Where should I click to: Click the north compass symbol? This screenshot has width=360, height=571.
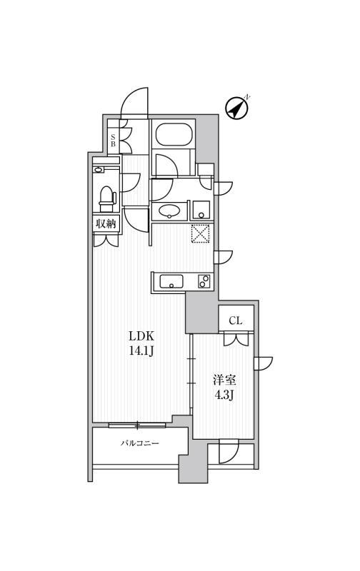pos(237,107)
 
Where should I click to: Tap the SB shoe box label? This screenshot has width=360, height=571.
pos(113,140)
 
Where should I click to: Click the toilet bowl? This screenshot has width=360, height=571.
pos(107,196)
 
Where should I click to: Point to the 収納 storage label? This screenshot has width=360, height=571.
pos(106,224)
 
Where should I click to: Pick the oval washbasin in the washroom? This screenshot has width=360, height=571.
pos(170,211)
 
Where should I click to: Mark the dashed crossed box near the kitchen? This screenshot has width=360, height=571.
pos(201,234)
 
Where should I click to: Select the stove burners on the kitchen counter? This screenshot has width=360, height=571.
pos(204,282)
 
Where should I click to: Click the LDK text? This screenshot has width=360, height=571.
pos(141,335)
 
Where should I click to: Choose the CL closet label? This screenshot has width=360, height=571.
pos(236,320)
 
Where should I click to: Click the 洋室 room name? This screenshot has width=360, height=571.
pos(224,380)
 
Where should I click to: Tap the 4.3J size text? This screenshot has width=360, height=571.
pos(224,395)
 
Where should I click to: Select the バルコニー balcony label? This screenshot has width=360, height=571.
pos(139,443)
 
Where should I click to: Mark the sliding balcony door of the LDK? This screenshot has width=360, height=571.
pos(137,425)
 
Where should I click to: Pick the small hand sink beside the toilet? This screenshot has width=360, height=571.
pos(99,170)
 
